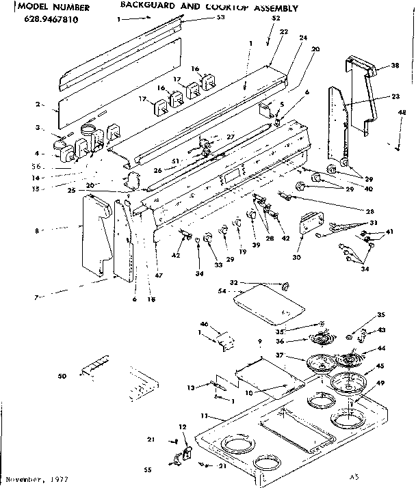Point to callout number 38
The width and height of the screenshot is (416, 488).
394,66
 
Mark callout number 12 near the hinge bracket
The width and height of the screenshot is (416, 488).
182,427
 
